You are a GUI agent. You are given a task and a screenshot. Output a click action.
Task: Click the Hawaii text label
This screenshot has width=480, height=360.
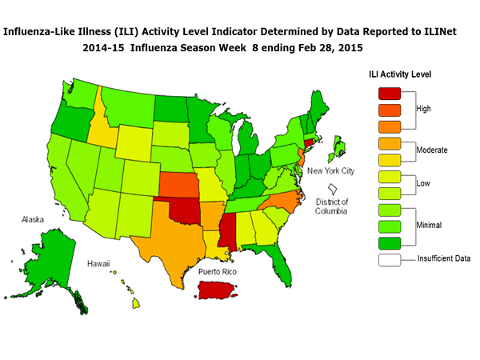click(x=98, y=263)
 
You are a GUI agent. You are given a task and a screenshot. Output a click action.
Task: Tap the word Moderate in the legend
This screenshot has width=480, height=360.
click(x=432, y=150)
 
